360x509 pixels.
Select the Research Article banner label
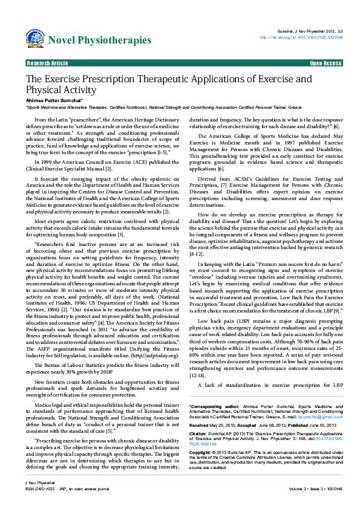pyautogui.click(x=48, y=63)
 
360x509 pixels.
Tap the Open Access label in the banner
pyautogui.click(x=326, y=63)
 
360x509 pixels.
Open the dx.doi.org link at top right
pyautogui.click(x=301, y=37)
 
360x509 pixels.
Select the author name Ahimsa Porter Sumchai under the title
pyautogui.click(x=50, y=99)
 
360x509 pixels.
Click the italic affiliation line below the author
pyautogui.click(x=163, y=106)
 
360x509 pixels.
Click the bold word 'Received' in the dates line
pyautogui.click(x=200, y=407)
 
